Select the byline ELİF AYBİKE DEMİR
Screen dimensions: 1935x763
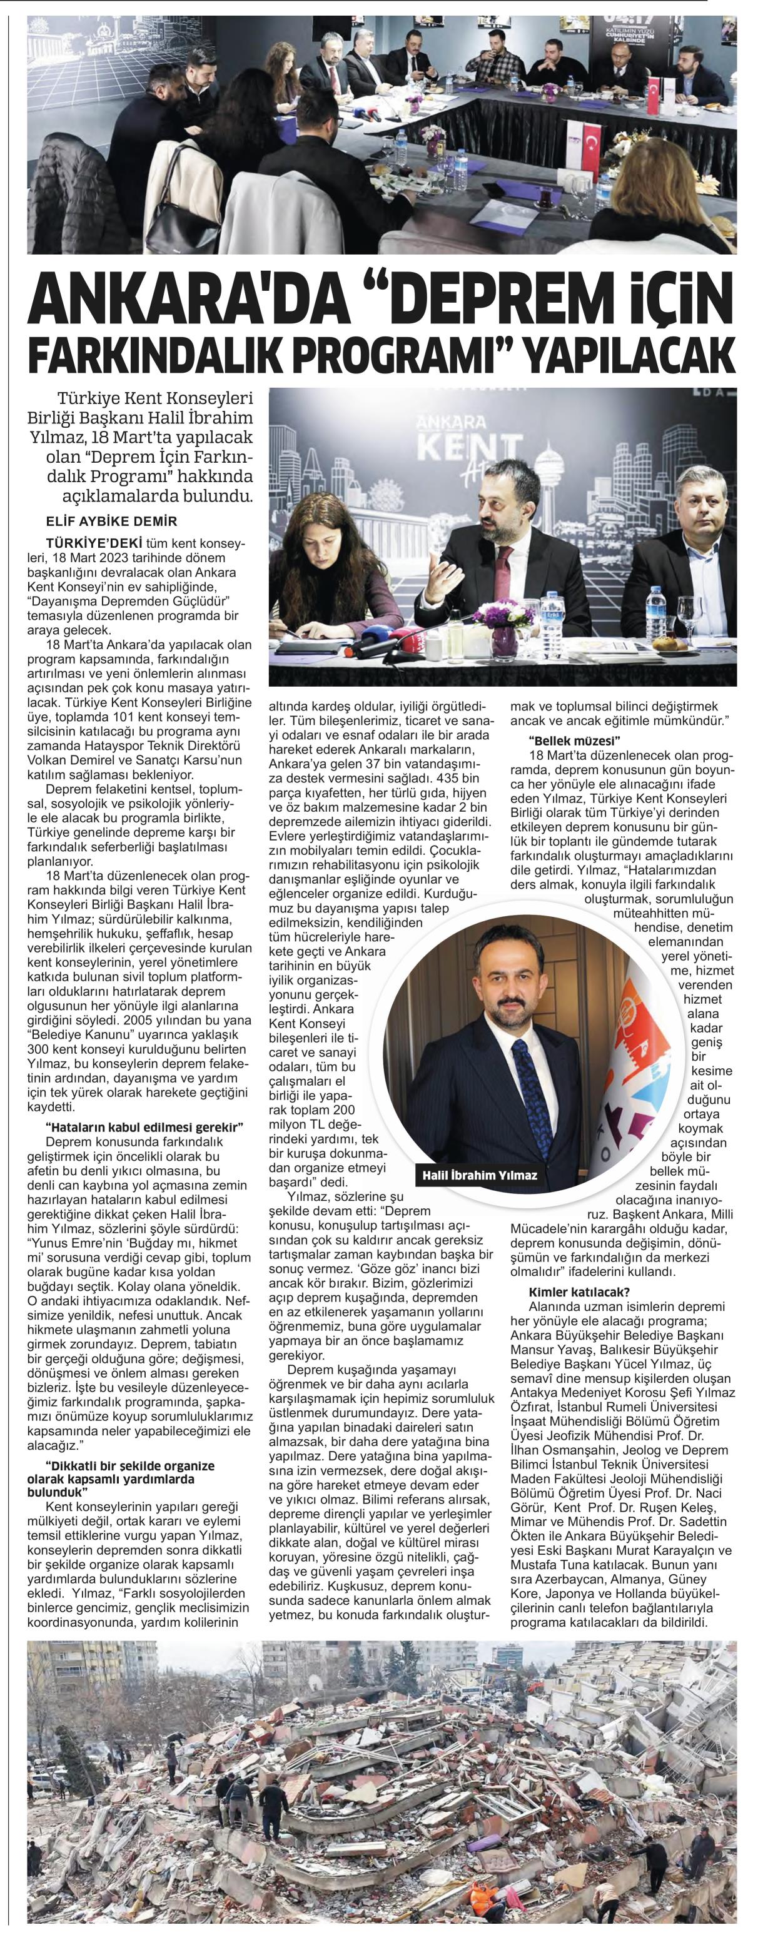click(x=111, y=522)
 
